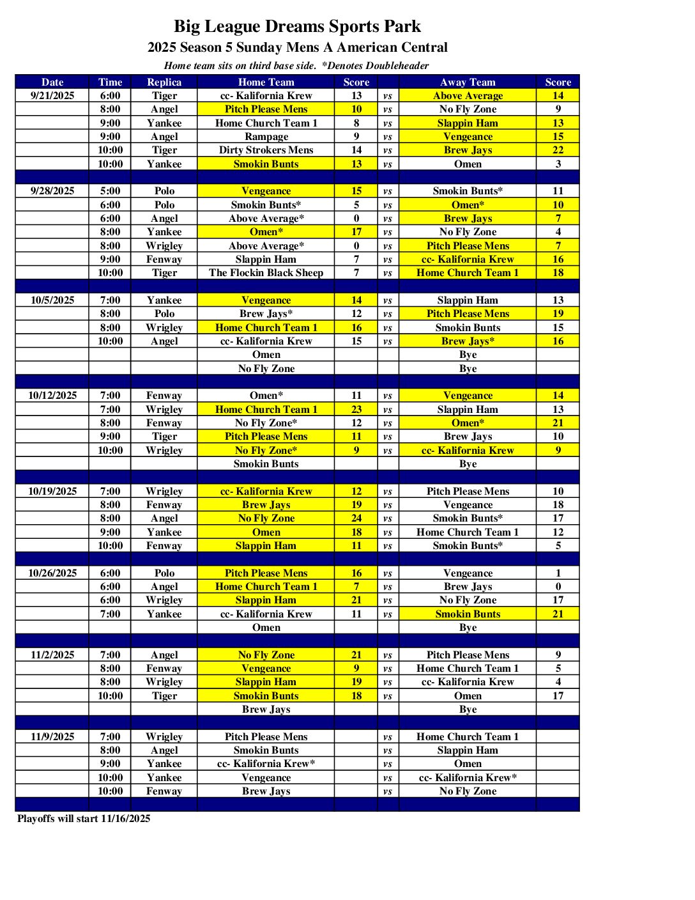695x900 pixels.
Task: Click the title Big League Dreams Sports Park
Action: (x=297, y=26)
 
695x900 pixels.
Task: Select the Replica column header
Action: (x=164, y=82)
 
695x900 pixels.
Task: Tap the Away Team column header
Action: (x=468, y=82)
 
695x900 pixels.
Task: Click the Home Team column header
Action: (x=266, y=82)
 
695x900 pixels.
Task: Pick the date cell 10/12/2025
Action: (x=52, y=396)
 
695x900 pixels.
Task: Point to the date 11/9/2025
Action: (x=52, y=736)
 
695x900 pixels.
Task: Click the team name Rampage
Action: (x=266, y=136)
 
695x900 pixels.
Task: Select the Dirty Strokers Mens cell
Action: (x=266, y=150)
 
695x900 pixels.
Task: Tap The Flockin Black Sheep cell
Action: (x=266, y=272)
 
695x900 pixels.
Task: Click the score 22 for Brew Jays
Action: (x=558, y=150)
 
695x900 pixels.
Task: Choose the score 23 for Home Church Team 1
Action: (x=356, y=409)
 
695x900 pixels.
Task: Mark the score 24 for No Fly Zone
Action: (x=356, y=518)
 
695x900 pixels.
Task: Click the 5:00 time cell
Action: (x=110, y=190)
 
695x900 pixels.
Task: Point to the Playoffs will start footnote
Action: (x=84, y=818)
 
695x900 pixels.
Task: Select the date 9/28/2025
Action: (x=52, y=190)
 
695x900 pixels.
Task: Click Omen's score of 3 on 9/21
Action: (x=558, y=164)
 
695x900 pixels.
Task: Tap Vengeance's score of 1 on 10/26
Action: (x=558, y=573)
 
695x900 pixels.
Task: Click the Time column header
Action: (x=110, y=82)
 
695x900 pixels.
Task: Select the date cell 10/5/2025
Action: (x=52, y=300)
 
